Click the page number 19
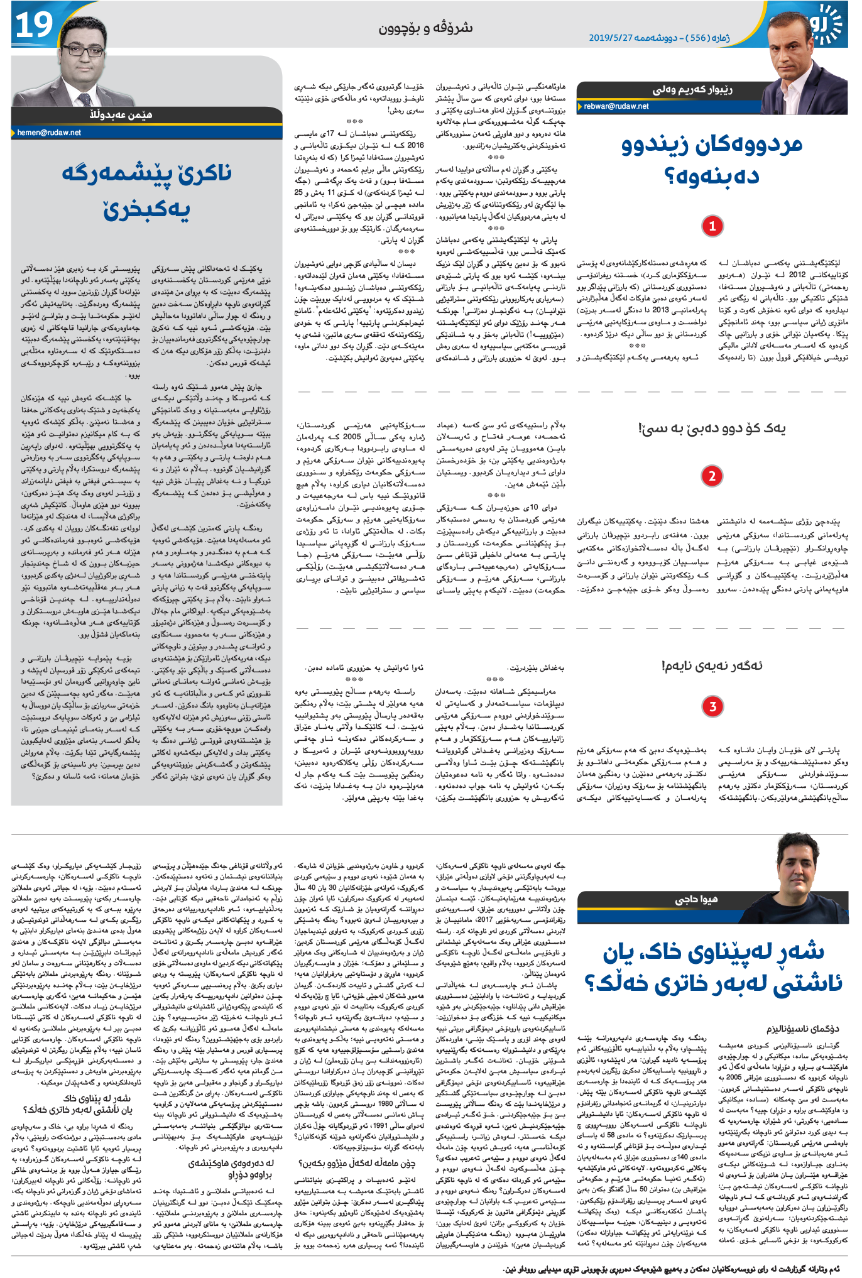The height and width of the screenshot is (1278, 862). click(x=35, y=25)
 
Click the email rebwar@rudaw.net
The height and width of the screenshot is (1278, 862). click(x=616, y=106)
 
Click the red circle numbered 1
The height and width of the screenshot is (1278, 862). click(x=712, y=226)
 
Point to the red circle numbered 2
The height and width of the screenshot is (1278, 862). click(x=712, y=476)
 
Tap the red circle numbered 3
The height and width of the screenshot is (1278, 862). click(x=712, y=706)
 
